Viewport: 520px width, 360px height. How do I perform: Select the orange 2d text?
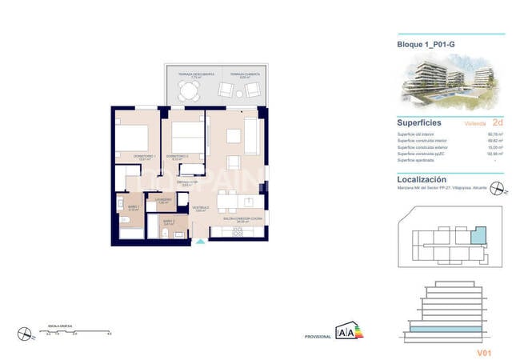point(498,122)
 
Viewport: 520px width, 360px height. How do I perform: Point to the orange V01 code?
point(484,351)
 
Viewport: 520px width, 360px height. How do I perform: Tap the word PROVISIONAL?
point(318,338)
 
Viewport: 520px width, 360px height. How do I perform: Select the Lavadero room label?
point(162,199)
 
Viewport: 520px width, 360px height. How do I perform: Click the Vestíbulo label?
point(200,207)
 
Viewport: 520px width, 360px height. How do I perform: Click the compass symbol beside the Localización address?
point(497,190)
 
